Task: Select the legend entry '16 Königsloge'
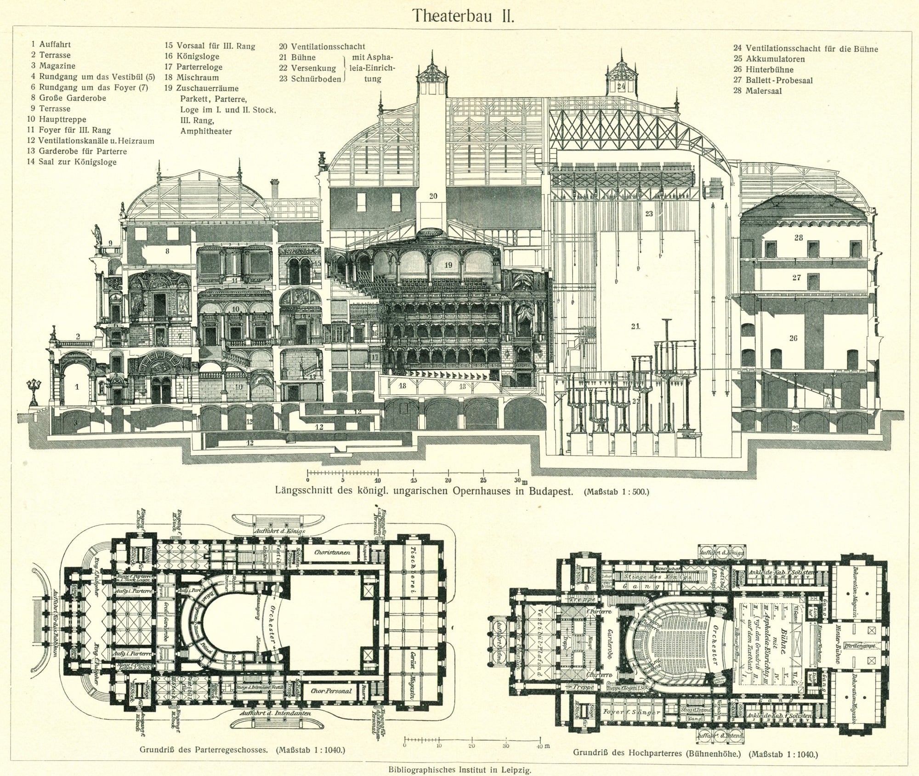pos(192,57)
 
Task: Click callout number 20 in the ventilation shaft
pos(433,196)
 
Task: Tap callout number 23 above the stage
pos(649,213)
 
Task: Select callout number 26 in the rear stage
pos(793,338)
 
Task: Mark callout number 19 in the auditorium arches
pos(448,265)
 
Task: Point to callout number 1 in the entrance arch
pos(77,387)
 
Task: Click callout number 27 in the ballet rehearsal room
pos(796,277)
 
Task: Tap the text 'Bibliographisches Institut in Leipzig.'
pos(459,769)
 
